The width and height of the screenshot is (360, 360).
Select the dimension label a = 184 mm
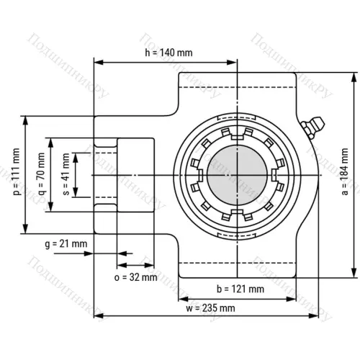(345, 174)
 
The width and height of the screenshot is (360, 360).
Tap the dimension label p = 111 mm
(17, 174)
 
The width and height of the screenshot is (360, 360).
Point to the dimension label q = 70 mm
(40, 174)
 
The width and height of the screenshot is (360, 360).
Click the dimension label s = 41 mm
(66, 174)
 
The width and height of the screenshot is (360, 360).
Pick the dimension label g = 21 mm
(66, 244)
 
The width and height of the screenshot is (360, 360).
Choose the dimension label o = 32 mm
(135, 276)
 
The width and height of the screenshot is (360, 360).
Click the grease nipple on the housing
(310, 127)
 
